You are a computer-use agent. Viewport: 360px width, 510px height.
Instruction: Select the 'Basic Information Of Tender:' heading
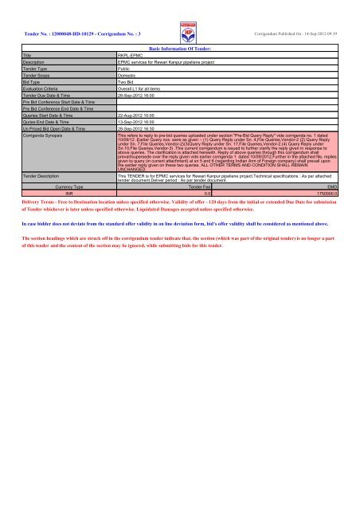(x=180, y=48)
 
